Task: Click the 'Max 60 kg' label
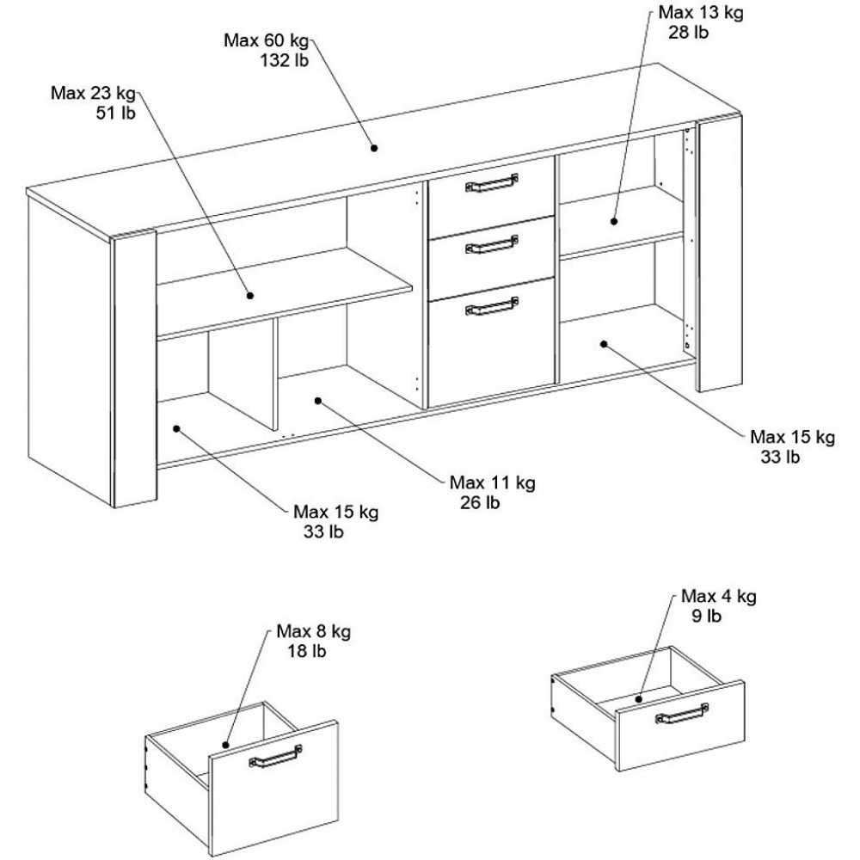[x=265, y=40]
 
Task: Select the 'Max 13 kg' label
[x=700, y=14]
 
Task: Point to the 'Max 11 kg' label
[x=492, y=483]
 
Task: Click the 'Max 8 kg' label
[x=313, y=632]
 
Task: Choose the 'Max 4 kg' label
[x=718, y=597]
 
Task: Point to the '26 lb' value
[x=480, y=502]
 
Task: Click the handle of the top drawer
[x=490, y=185]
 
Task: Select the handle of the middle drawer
[x=491, y=247]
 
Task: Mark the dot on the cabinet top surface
[x=375, y=148]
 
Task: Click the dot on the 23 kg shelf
[x=250, y=295]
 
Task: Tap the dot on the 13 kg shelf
[x=614, y=221]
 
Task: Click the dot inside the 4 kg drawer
[x=640, y=698]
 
